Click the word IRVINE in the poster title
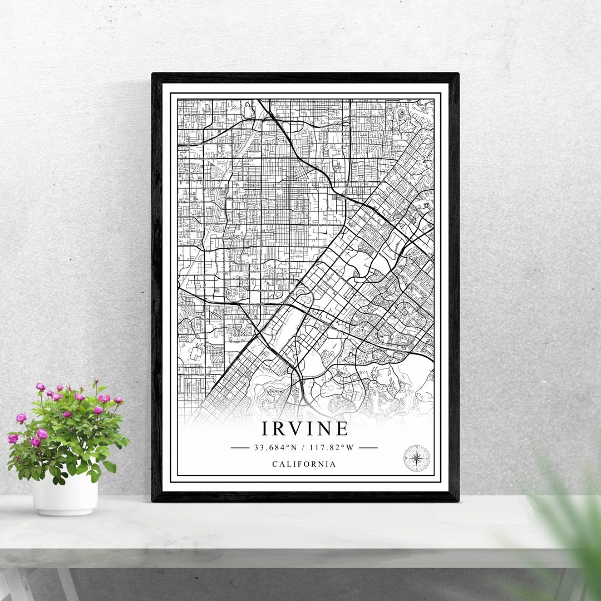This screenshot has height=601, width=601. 305,428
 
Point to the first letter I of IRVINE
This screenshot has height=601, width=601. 265,428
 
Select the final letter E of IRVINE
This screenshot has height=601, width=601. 342,428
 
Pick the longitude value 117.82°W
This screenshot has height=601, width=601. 332,447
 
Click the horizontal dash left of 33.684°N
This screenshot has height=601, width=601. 240,447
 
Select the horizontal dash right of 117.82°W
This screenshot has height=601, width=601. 368,447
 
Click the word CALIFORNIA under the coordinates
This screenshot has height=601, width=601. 304,464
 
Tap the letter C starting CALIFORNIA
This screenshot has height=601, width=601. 275,464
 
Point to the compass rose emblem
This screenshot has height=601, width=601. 416,458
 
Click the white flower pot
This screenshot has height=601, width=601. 65,494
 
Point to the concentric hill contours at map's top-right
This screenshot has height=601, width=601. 401,115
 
